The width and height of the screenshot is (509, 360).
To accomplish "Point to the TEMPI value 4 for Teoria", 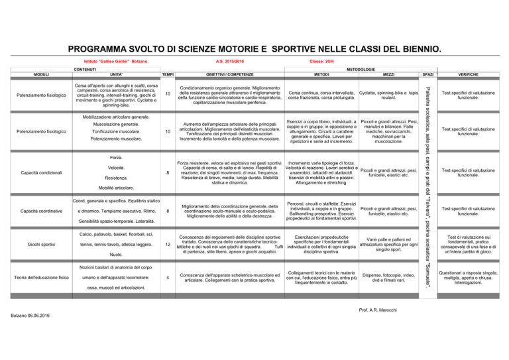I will click(x=168, y=276).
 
